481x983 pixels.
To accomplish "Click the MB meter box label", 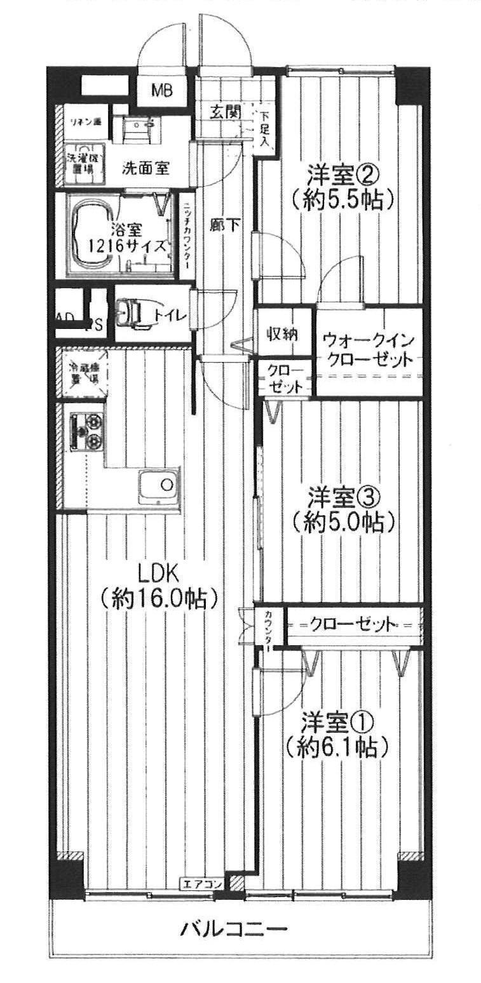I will click(161, 91).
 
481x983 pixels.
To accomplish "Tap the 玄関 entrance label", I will click(225, 113).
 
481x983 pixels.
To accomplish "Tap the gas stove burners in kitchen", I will click(86, 430).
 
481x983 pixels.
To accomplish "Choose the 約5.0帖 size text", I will click(344, 522).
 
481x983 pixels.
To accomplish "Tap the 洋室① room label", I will click(337, 722).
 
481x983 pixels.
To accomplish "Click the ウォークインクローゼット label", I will click(366, 349).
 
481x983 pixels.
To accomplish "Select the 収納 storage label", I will click(282, 333).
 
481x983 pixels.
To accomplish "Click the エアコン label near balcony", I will click(202, 883).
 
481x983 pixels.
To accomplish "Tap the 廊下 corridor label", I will click(225, 225).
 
